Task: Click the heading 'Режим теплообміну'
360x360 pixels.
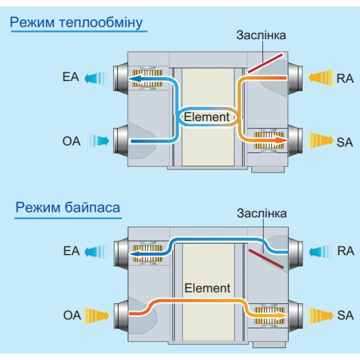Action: [76, 23]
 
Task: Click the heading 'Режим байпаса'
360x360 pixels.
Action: [68, 207]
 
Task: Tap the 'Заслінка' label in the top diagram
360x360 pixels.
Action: [261, 36]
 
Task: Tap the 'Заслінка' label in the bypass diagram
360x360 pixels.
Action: [262, 213]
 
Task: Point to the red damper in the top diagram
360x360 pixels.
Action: [265, 63]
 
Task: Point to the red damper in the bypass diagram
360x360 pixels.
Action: [266, 258]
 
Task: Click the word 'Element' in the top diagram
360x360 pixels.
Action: [207, 117]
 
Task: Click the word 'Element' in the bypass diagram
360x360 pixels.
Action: [207, 288]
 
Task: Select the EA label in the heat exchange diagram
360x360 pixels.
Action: [71, 77]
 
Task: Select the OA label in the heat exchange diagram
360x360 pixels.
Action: [72, 141]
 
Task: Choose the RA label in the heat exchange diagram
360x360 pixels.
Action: [345, 78]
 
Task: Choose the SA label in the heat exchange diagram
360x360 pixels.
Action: [345, 142]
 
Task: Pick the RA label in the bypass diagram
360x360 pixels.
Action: [346, 251]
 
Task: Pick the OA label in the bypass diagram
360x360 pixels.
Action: [72, 315]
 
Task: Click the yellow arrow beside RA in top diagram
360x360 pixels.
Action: [321, 77]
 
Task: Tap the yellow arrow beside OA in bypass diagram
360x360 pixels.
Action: [96, 316]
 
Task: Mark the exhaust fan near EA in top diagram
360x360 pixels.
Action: [148, 78]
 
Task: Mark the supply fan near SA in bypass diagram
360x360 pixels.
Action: [269, 315]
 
